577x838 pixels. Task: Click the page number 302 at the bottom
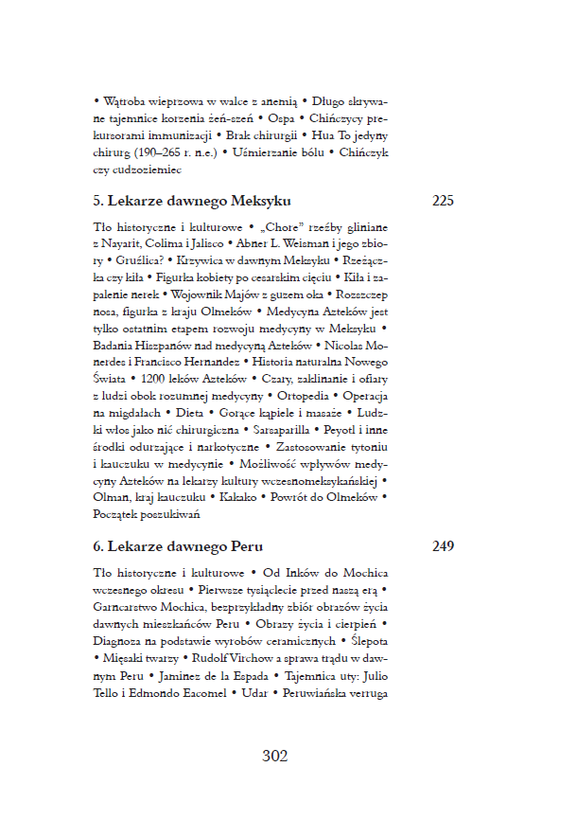coord(274,756)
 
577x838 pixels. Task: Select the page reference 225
coord(443,201)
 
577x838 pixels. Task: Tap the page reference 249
coord(443,546)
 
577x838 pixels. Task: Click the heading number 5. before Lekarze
coord(98,201)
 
